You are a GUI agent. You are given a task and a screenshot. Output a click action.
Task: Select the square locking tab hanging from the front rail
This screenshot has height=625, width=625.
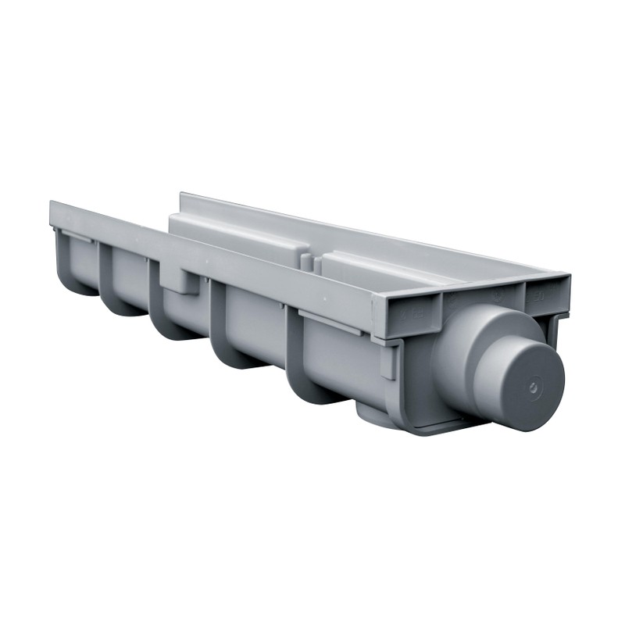pos(182,278)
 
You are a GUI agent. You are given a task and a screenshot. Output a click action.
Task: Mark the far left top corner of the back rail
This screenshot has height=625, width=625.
pos(182,195)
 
